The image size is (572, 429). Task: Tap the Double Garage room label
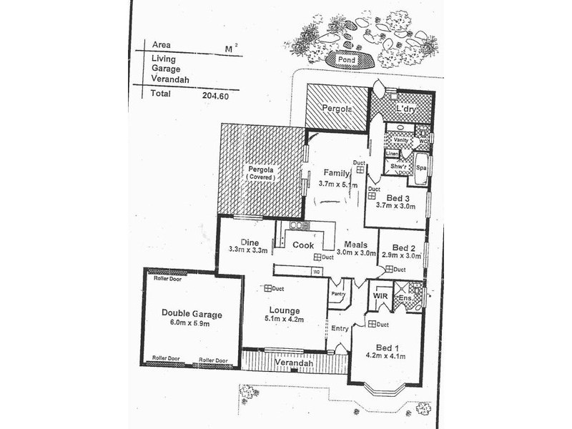(191, 313)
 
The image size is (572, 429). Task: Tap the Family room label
(336, 174)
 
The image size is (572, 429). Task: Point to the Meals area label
(355, 243)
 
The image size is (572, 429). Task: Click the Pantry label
(337, 292)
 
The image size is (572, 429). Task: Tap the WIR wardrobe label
(380, 295)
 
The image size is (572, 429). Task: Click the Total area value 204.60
(215, 94)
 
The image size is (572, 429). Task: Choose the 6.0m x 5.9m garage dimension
(191, 324)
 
